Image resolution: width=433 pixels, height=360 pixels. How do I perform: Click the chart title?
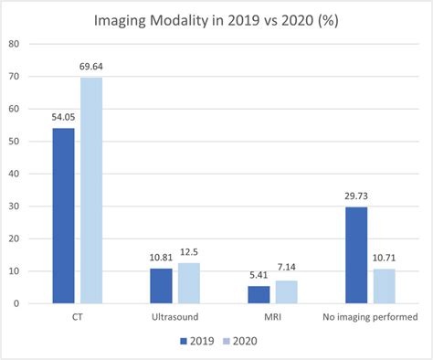click(x=216, y=20)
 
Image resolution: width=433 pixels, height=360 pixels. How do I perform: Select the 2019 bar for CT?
click(x=63, y=216)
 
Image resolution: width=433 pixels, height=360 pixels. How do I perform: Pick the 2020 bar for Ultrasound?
click(x=189, y=282)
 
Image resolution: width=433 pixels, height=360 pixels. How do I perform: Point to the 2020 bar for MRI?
click(x=288, y=291)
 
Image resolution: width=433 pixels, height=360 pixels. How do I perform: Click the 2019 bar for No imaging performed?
click(x=358, y=255)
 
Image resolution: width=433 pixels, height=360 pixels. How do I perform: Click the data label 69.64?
click(x=91, y=69)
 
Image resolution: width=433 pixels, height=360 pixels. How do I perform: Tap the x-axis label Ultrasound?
click(x=174, y=316)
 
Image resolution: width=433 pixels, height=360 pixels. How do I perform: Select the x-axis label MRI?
click(x=273, y=316)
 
